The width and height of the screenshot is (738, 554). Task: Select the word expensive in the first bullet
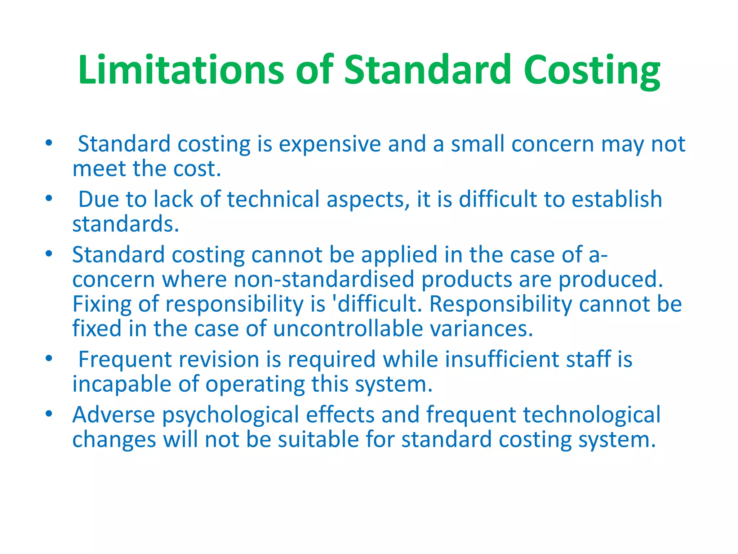[x=330, y=144]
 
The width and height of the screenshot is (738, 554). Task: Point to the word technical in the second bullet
[x=273, y=199]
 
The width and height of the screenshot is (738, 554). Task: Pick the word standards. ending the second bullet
[x=126, y=224]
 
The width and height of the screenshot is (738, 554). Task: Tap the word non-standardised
[x=324, y=280]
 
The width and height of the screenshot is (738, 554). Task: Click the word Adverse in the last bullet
[x=114, y=415]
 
